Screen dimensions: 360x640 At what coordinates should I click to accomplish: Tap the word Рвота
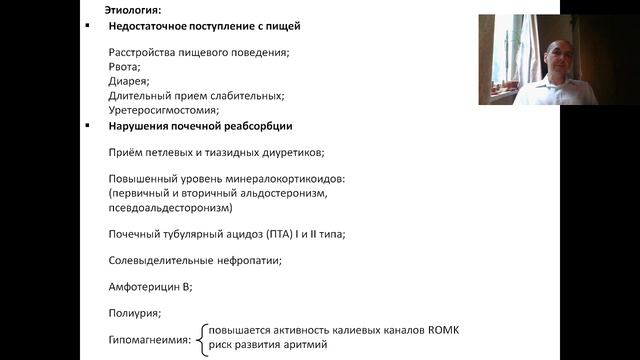pos(123,67)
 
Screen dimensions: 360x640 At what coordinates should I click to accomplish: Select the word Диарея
pos(127,81)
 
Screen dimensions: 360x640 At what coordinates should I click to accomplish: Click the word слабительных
pos(245,96)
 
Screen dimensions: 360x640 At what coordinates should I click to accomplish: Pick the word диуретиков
pos(292,152)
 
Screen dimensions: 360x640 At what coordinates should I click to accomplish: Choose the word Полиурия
pos(133,313)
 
